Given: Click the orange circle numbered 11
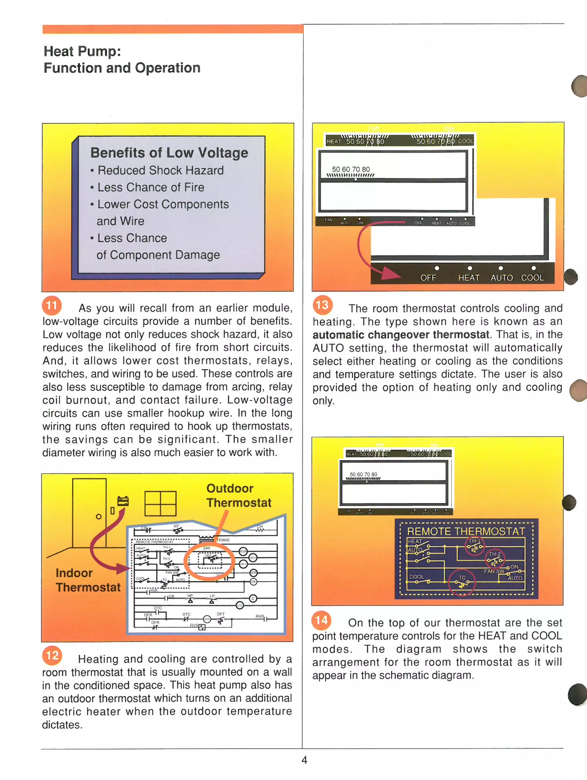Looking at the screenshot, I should (52, 305).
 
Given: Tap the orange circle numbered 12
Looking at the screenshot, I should (52, 655).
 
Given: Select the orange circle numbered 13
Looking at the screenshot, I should (322, 305).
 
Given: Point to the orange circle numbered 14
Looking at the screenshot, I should (321, 620).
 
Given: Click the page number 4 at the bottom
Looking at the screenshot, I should (304, 760).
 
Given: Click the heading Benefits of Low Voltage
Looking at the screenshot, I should (169, 153).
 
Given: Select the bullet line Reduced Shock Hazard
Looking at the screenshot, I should (161, 170).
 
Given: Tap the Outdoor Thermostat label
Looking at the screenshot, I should (239, 495).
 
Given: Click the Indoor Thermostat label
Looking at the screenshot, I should (88, 580).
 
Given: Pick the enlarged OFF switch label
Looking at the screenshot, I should (428, 278).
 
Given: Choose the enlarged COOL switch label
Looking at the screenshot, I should (532, 278).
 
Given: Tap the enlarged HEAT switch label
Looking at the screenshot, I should (469, 278).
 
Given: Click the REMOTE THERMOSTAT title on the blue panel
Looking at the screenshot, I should (466, 531).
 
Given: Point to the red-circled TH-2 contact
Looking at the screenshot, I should (495, 558).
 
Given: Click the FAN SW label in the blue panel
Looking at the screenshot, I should (494, 571).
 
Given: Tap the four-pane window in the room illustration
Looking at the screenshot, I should (161, 503).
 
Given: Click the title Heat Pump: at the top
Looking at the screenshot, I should (82, 52).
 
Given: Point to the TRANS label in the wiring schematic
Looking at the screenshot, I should (223, 540).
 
